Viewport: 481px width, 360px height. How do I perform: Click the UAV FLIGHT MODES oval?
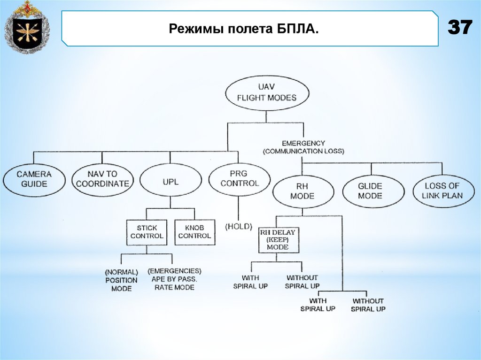point(267,93)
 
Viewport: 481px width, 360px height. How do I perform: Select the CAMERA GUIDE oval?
point(34,178)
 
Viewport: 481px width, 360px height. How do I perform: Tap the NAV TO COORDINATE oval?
point(102,178)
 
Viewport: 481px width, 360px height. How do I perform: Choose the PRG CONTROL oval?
point(240,178)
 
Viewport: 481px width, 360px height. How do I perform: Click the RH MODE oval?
point(302,191)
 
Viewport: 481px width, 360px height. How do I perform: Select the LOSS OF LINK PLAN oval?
point(442,191)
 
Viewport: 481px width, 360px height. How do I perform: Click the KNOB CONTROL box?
point(194,232)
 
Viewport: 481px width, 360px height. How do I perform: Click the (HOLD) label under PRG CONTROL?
point(239,226)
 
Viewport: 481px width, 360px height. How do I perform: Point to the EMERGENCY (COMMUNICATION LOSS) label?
point(303,147)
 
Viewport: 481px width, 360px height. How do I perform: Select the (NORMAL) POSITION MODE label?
point(121,280)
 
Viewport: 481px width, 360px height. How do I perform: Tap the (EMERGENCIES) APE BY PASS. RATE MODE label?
point(174,279)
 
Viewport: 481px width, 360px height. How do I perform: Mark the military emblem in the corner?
point(26,28)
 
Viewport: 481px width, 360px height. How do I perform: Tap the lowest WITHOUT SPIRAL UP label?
point(368,305)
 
